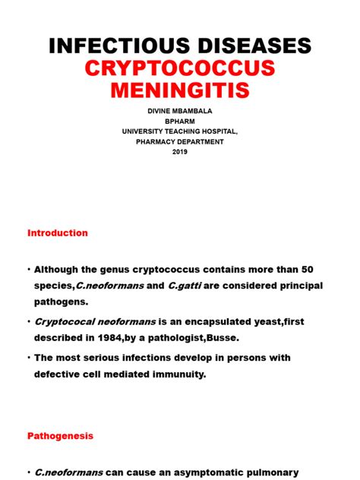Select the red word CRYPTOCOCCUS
pos(180,69)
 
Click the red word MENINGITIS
pos(180,92)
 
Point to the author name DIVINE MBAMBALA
pos(180,111)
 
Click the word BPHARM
pos(180,121)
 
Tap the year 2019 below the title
pos(180,151)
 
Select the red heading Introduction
pos(58,233)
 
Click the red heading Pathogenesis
pos(60,437)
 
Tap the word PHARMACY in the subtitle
pos(152,141)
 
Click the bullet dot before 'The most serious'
pos(28,358)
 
